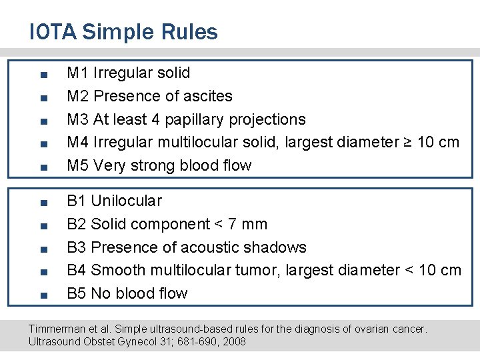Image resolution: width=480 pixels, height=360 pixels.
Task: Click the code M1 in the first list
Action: (x=78, y=73)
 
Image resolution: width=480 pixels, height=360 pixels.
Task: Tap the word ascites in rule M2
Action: (x=207, y=96)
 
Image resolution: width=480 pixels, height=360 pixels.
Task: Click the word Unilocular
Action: (x=126, y=201)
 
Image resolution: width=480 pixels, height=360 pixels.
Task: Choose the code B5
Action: (x=77, y=293)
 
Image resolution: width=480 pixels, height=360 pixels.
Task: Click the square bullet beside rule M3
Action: (x=42, y=121)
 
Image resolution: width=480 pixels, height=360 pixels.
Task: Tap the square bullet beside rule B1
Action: (x=42, y=202)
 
